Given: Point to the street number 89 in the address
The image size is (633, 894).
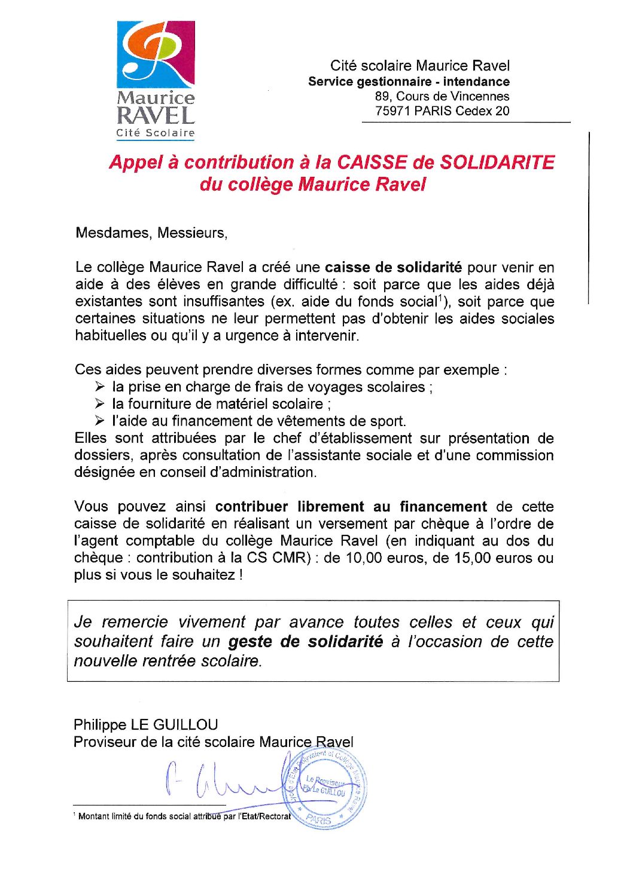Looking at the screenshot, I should [x=382, y=96].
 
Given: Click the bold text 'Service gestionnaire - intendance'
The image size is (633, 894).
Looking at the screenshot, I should [x=409, y=82].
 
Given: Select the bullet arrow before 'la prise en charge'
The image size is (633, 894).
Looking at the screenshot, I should [x=99, y=387].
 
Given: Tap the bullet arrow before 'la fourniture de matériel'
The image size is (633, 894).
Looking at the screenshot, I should [x=99, y=404].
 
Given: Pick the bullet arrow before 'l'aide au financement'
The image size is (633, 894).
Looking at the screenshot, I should [x=99, y=421].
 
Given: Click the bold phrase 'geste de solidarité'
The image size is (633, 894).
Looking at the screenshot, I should [x=305, y=642].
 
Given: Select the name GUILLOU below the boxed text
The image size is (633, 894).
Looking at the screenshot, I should [x=186, y=725].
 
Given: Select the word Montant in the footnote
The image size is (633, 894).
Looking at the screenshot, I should [x=93, y=816].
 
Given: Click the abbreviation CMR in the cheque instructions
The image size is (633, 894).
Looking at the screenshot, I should [x=290, y=558].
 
